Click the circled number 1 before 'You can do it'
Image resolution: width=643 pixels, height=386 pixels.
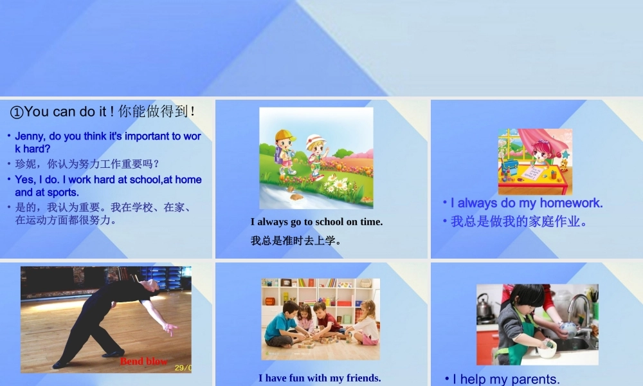point(17,112)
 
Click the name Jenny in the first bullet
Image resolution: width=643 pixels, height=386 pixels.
point(29,136)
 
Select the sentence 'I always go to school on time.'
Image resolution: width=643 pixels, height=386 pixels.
point(316,222)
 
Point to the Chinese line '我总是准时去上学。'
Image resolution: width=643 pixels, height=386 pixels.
point(295,241)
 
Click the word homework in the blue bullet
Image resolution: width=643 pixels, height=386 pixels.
point(571,203)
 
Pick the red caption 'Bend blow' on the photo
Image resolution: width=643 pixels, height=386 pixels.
point(143,361)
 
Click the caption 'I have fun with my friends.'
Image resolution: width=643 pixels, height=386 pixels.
point(320,378)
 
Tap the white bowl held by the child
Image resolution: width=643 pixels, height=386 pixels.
point(547,350)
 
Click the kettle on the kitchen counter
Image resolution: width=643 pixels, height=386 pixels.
point(484,308)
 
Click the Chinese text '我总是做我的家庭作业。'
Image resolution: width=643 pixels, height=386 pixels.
point(519,222)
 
